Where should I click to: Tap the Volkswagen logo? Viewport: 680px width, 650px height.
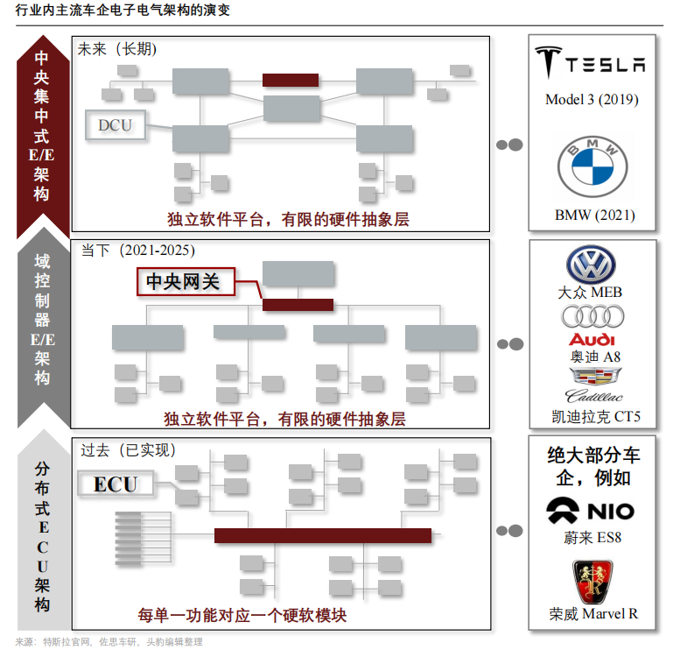click(592, 265)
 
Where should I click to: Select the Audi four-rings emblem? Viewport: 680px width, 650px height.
click(592, 316)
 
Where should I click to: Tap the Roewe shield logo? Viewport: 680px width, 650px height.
click(592, 578)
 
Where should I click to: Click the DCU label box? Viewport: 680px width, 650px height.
click(115, 125)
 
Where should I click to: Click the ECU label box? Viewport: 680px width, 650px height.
click(115, 484)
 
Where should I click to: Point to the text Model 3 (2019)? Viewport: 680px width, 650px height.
click(592, 99)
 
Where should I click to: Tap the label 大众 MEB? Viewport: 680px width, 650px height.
click(592, 292)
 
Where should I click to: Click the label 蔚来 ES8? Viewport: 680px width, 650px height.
click(592, 538)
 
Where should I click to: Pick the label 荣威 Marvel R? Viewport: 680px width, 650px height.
click(593, 613)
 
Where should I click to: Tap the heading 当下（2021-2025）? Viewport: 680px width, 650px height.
click(144, 251)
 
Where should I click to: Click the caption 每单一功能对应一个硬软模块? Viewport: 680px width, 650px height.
click(242, 616)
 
